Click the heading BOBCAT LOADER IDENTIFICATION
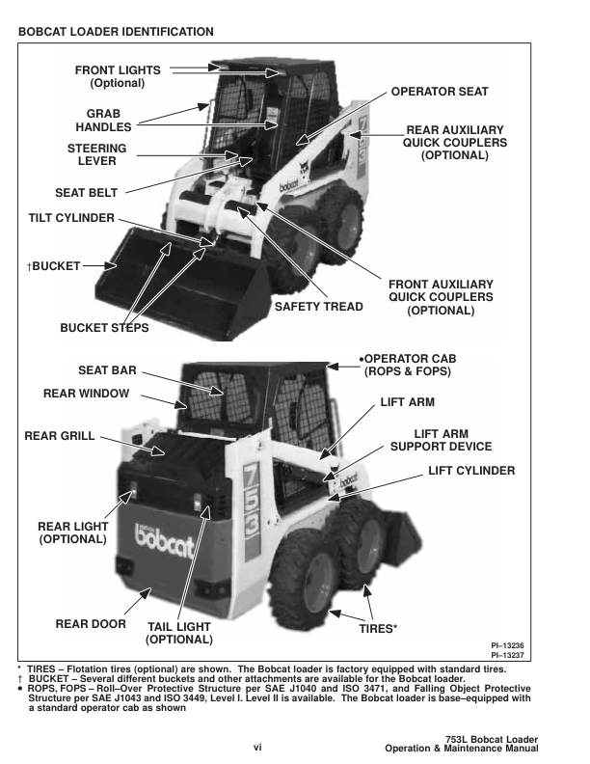click(x=116, y=32)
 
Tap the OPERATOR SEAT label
click(x=440, y=92)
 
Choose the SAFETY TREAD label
click(x=319, y=307)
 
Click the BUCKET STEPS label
click(x=104, y=328)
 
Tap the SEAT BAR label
click(x=107, y=370)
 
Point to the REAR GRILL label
click(x=60, y=436)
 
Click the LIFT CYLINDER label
click(x=471, y=471)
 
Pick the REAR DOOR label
click(x=92, y=624)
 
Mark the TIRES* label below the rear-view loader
click(x=379, y=628)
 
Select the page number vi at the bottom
click(x=257, y=746)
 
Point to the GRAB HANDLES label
click(x=96, y=120)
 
